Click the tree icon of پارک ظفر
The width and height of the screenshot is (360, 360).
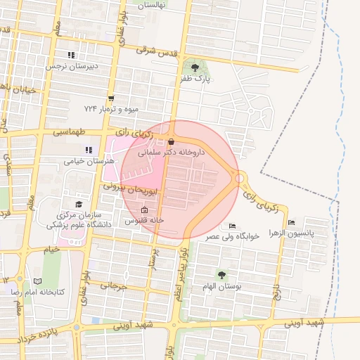coord(195,67)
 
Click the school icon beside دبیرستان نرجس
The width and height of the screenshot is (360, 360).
coord(70,55)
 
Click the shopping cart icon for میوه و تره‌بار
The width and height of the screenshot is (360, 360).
coord(111,98)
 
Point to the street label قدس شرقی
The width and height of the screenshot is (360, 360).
coord(155,50)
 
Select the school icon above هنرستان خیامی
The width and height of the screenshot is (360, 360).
coord(89,150)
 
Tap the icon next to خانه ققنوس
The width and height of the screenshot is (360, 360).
coord(145,210)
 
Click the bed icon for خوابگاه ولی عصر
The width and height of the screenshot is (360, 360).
coord(233,226)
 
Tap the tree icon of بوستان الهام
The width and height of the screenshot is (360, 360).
coord(222,275)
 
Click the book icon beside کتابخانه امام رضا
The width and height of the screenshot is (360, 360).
coord(38,281)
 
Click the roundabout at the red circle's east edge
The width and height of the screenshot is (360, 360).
coord(240,179)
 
